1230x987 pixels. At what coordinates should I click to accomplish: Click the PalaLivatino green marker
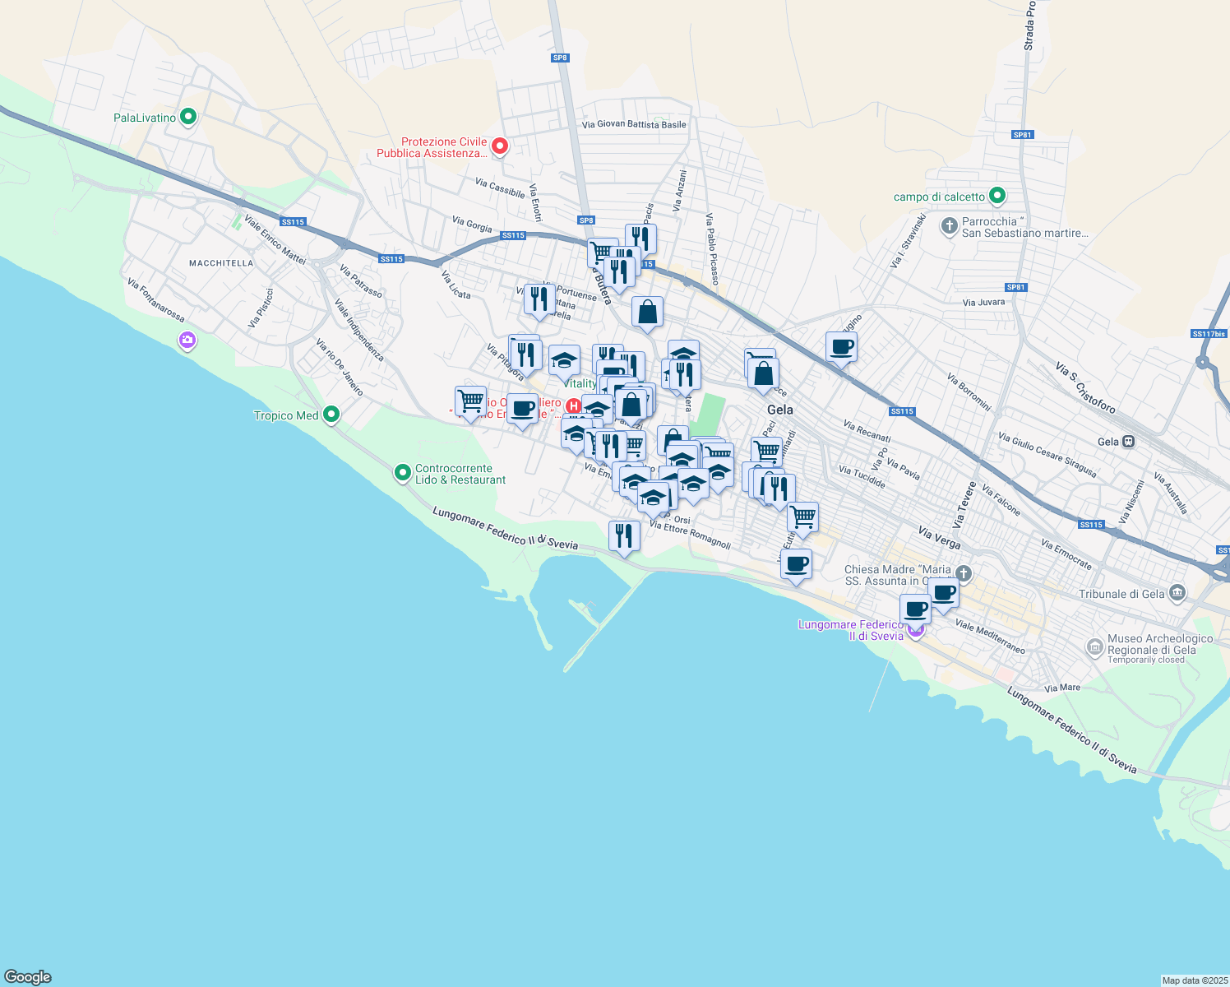point(188,118)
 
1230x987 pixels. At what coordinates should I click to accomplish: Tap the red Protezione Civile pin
point(499,146)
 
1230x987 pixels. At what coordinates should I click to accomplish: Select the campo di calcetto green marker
point(997,197)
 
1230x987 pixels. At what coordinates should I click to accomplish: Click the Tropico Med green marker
point(331,415)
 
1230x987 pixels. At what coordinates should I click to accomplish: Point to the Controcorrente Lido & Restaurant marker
point(403,473)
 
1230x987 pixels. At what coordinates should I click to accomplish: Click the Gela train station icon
point(1129,442)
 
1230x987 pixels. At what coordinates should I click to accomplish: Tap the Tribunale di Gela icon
point(1177,593)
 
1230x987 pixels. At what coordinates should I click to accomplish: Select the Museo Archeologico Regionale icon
point(1094,647)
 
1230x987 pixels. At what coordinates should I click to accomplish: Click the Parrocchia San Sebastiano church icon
point(949,225)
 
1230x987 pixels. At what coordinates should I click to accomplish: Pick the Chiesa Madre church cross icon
point(964,573)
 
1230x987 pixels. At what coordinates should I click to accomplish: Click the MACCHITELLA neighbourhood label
point(221,263)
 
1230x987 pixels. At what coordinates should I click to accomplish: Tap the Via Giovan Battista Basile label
point(633,125)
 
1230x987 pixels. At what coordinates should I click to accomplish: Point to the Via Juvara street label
point(983,303)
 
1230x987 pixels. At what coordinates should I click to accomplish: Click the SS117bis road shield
point(1209,334)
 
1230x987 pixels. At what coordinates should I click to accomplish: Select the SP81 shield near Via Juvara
point(1016,287)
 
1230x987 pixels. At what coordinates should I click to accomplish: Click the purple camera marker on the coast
point(187,340)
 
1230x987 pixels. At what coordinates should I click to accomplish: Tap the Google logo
point(28,977)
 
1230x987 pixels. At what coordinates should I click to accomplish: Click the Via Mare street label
point(1062,688)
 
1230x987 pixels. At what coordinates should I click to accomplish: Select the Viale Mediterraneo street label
point(990,637)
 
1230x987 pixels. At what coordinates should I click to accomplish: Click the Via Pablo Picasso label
point(712,249)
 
